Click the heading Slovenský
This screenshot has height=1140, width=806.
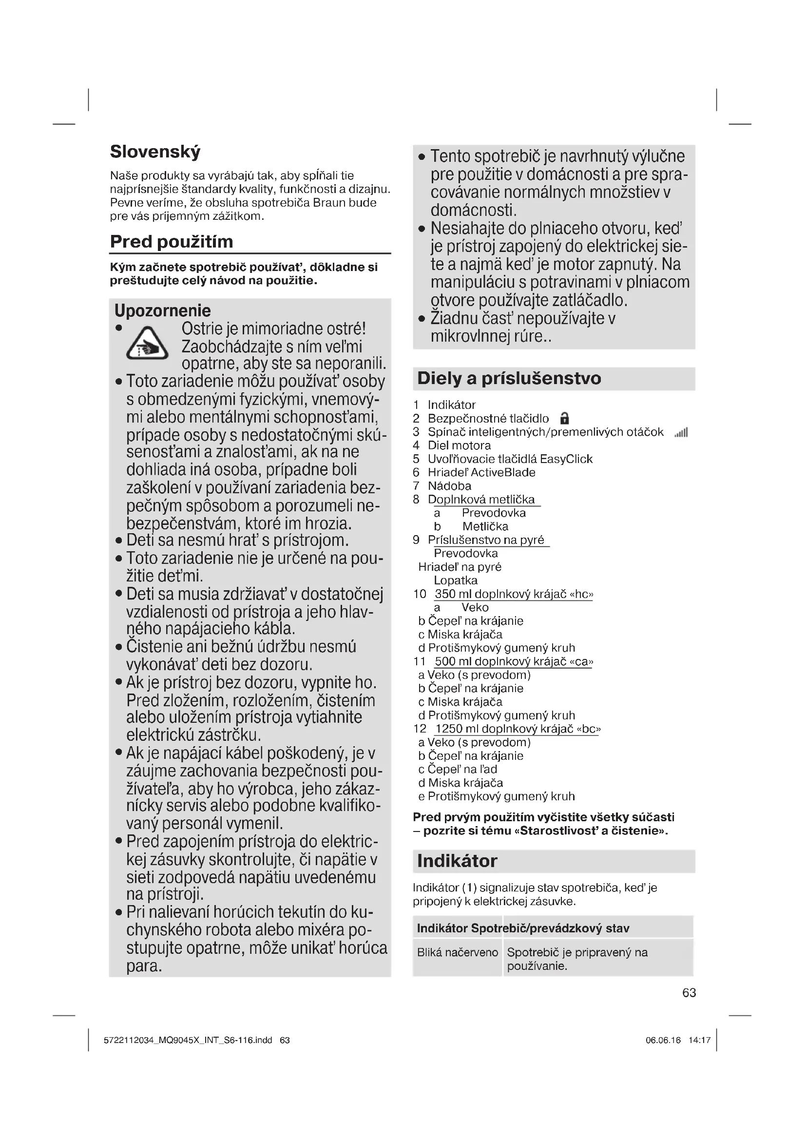coord(155,152)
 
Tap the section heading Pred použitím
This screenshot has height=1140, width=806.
coord(171,242)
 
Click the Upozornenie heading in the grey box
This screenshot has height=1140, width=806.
coord(162,311)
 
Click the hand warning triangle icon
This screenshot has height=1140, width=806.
coord(147,344)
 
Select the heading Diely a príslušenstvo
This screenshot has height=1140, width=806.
coord(509,378)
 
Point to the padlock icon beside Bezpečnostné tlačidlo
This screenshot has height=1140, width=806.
coord(564,419)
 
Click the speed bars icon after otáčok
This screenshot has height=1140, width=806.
coord(681,433)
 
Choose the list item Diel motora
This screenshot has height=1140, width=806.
coord(459,445)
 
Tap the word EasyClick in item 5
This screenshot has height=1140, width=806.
coord(566,459)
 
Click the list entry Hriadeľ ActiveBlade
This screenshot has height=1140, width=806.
coord(481,472)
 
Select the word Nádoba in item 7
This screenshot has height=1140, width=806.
coord(450,485)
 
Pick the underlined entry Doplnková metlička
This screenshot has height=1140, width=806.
coord(481,500)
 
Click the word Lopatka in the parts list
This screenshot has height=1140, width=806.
coord(456,580)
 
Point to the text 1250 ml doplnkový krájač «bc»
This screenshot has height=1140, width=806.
coord(518,729)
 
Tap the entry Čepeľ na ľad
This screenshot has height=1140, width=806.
coord(462,770)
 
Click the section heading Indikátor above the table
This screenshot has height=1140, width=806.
coord(457,861)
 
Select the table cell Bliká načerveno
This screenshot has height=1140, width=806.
coord(457,952)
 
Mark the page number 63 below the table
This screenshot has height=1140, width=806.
coord(689,992)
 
